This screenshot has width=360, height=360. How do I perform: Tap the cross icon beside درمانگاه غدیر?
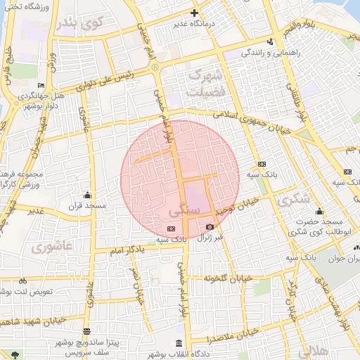[x=195, y=13]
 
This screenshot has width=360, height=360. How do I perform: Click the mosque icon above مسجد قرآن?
[x=87, y=195]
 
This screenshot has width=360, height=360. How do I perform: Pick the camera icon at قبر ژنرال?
[x=210, y=227]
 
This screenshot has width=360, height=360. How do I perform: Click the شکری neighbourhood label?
[x=293, y=200]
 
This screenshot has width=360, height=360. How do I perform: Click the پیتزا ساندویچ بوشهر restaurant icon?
[x=86, y=331]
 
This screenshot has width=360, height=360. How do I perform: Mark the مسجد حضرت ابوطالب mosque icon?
[x=320, y=212]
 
